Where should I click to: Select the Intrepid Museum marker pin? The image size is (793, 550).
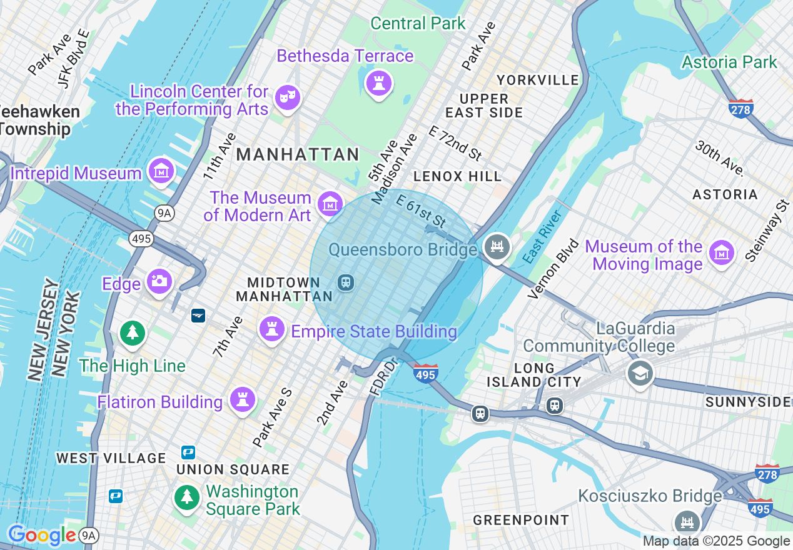coord(161,171)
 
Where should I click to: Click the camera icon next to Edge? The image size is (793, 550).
coord(159,282)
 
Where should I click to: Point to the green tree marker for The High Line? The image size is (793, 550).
coord(132,332)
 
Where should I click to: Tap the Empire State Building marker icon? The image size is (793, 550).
coord(271,329)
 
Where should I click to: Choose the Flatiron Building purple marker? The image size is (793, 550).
coord(242,399)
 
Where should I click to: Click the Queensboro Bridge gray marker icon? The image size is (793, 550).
coord(497,247)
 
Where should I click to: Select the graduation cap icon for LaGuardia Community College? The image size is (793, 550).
coord(640,374)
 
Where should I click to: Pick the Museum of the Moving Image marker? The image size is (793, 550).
coord(721,253)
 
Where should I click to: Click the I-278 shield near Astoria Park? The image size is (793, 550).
coord(741,108)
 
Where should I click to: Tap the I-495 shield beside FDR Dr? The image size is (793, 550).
coord(425,373)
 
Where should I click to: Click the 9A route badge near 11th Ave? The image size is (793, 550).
coord(164,214)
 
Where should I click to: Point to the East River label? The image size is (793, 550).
coord(542,237)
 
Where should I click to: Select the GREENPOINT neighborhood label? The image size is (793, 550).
coord(521,520)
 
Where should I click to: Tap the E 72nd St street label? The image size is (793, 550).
coord(456,142)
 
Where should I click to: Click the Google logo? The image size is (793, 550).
coord(42,535)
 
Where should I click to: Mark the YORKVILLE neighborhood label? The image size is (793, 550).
coord(538,80)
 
